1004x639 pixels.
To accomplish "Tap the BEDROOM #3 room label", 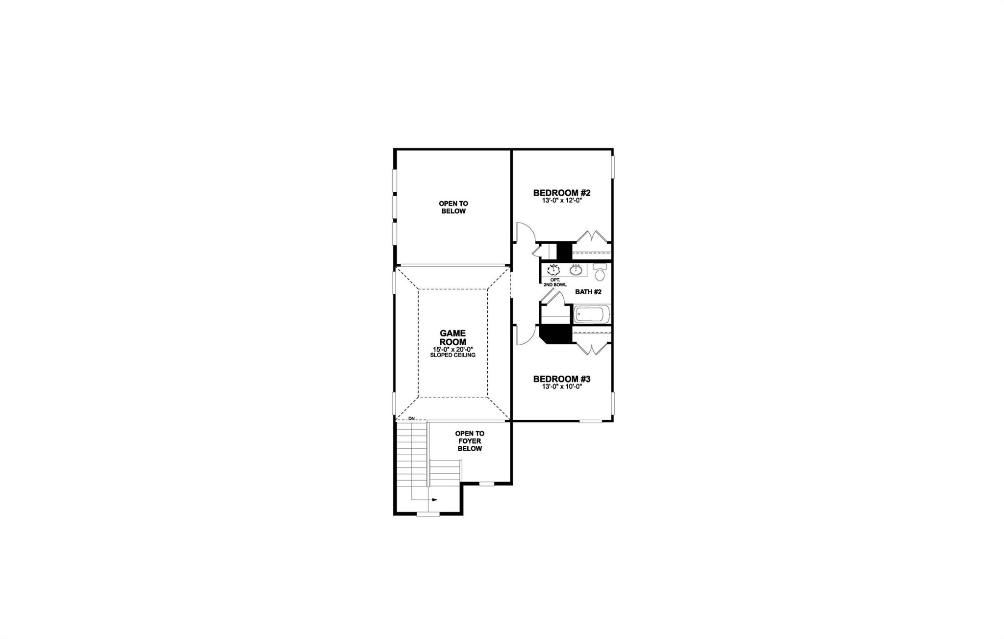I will point(562,379).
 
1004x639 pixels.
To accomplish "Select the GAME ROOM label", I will point(452,337).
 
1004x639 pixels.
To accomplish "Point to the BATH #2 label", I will point(588,292).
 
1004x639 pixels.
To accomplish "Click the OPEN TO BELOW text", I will point(453,207).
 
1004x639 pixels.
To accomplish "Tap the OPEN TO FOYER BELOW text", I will point(470,441).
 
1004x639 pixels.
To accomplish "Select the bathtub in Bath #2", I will point(592,314).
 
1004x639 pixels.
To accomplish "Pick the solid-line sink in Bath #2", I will point(577,270).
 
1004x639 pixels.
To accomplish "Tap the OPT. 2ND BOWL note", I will point(555,282).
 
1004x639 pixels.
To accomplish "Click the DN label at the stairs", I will point(411,418).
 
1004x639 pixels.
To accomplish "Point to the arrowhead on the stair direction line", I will point(434,500).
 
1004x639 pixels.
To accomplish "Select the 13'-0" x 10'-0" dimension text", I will point(562,386).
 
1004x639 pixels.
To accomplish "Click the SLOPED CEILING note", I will point(452,355).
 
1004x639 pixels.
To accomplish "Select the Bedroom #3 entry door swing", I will point(523,335).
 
